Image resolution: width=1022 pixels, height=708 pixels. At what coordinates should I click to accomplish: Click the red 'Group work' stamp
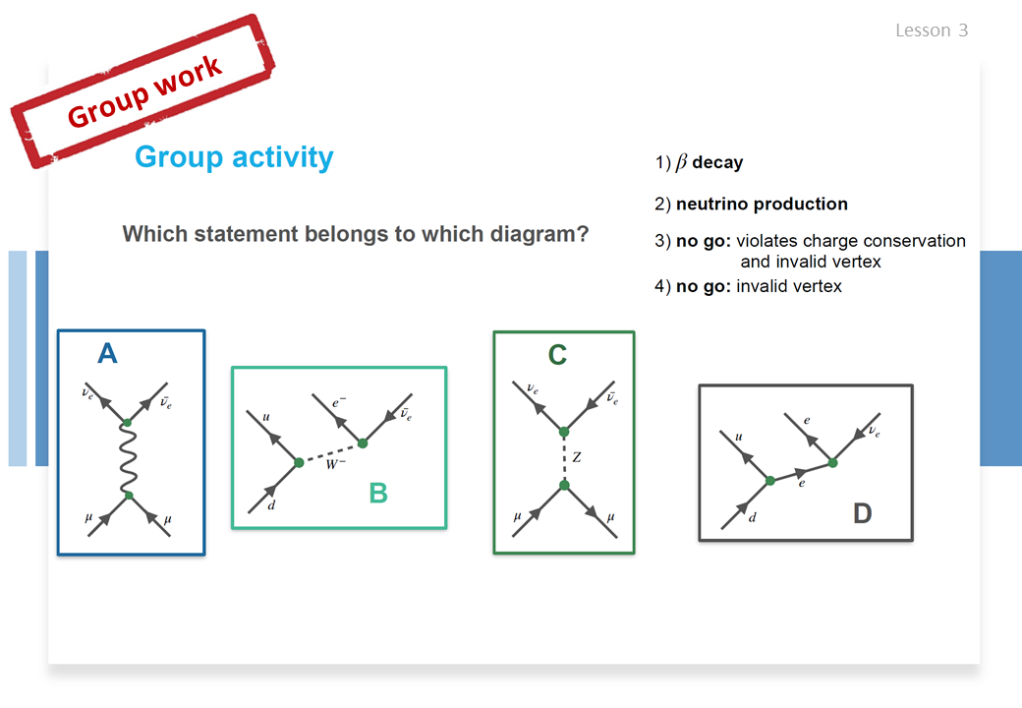pyautogui.click(x=142, y=91)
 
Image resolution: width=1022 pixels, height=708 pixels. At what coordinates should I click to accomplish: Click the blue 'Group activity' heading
pyautogui.click(x=234, y=157)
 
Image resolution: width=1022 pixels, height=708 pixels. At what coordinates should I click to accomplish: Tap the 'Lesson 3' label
pyautogui.click(x=932, y=29)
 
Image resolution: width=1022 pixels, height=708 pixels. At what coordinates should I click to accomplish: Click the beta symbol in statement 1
pyautogui.click(x=681, y=161)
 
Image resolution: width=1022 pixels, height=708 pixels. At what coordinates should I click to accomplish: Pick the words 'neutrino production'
pyautogui.click(x=762, y=205)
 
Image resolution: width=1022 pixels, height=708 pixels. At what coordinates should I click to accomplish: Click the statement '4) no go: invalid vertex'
pyautogui.click(x=748, y=286)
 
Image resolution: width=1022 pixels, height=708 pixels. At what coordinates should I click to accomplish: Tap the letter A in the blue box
pyautogui.click(x=107, y=353)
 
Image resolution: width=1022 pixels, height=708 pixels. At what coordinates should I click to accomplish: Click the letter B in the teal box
pyautogui.click(x=378, y=493)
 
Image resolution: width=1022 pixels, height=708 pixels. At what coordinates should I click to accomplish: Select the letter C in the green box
pyautogui.click(x=557, y=355)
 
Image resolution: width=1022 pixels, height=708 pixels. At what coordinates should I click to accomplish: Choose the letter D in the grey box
pyautogui.click(x=863, y=513)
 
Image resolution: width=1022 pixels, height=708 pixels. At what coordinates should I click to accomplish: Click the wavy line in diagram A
pyautogui.click(x=128, y=459)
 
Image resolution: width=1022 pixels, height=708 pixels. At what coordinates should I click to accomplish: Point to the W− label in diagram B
pyautogui.click(x=336, y=464)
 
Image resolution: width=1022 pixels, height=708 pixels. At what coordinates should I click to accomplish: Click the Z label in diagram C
pyautogui.click(x=576, y=457)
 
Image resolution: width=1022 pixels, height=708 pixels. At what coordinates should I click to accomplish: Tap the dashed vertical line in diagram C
pyautogui.click(x=564, y=459)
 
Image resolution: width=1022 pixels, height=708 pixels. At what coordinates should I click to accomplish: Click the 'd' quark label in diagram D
pyautogui.click(x=753, y=517)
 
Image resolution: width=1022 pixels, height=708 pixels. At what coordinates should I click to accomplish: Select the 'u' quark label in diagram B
pyautogui.click(x=266, y=417)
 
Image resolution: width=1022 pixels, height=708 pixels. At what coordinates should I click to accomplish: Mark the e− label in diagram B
pyautogui.click(x=339, y=402)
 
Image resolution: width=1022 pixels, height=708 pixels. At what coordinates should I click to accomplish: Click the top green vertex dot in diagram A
pyautogui.click(x=127, y=423)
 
